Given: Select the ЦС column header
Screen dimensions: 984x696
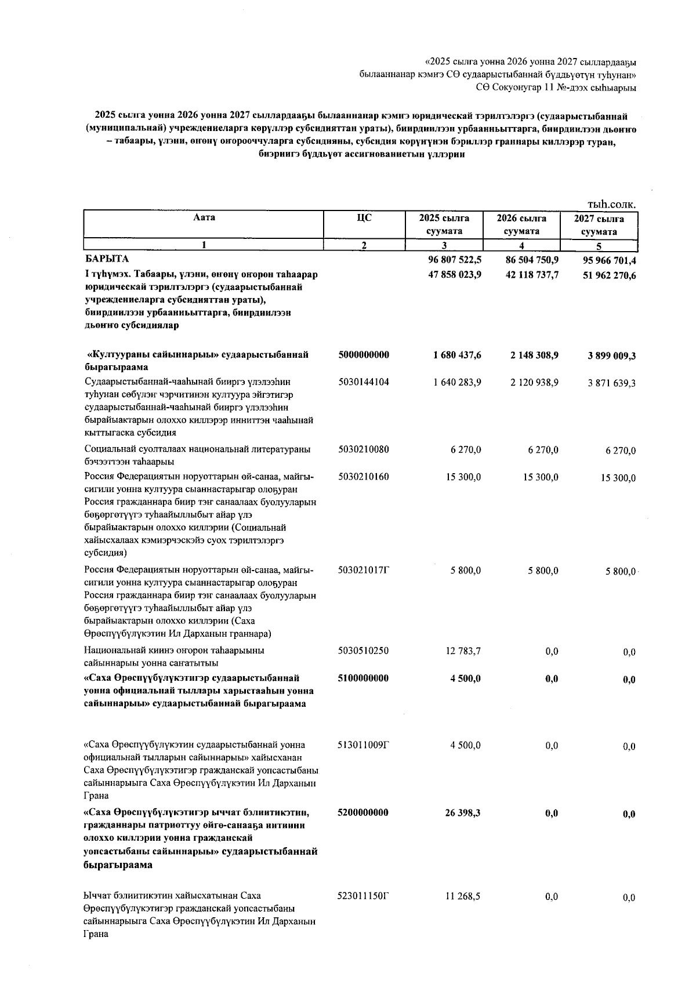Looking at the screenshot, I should (x=364, y=217).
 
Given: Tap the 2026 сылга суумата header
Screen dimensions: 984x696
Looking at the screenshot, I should (x=521, y=224).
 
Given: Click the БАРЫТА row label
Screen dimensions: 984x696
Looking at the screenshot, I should (x=106, y=258).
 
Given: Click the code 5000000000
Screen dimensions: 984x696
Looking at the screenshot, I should (x=363, y=354).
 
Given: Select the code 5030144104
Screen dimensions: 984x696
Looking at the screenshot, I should (x=363, y=382).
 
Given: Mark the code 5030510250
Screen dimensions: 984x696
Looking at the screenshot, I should (x=363, y=651).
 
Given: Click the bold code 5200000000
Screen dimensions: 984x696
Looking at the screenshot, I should (x=363, y=812).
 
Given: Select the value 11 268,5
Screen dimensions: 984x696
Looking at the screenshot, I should (x=462, y=896).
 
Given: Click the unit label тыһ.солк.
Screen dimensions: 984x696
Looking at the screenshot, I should (x=611, y=204).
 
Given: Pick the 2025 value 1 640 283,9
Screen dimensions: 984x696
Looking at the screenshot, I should (x=456, y=382).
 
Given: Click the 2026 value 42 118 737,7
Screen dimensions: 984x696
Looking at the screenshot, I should (x=532, y=275).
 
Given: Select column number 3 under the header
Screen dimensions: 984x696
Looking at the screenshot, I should (x=444, y=245).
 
